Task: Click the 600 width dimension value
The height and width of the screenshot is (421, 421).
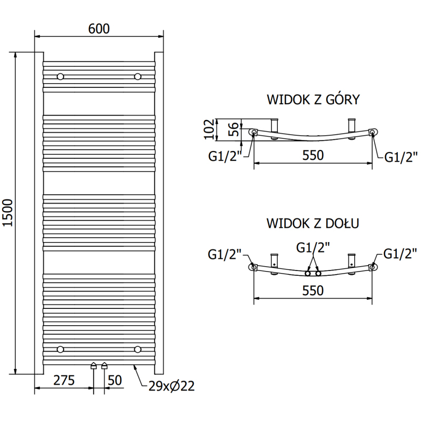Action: (x=99, y=29)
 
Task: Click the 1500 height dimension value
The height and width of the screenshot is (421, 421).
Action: (x=8, y=213)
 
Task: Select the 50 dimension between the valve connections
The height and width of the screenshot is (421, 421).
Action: (x=115, y=380)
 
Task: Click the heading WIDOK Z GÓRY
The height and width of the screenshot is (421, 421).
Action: (x=313, y=99)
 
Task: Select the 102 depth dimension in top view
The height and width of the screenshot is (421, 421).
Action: (x=209, y=129)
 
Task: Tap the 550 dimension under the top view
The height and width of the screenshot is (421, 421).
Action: (x=313, y=156)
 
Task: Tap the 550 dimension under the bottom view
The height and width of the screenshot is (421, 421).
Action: (x=313, y=290)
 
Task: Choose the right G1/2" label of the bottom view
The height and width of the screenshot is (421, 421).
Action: (x=397, y=254)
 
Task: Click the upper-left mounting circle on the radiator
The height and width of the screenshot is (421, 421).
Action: (x=61, y=77)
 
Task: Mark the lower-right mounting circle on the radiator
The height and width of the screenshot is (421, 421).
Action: (x=138, y=349)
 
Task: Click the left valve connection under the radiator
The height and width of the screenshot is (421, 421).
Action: (x=94, y=366)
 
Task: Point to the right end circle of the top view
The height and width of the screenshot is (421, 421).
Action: (x=373, y=132)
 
